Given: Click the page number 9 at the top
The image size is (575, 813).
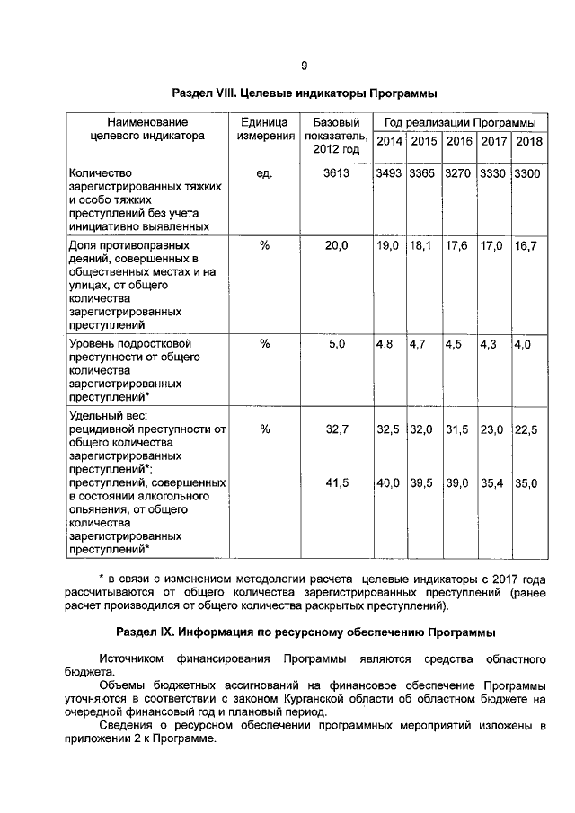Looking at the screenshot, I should (x=304, y=66).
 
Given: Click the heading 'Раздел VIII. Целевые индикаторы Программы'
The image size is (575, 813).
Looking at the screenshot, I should (x=305, y=93).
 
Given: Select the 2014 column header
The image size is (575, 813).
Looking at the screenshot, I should (x=388, y=142).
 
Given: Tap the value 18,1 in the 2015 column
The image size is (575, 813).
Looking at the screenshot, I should (x=420, y=245).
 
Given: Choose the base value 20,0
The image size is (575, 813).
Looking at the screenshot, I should (x=336, y=245).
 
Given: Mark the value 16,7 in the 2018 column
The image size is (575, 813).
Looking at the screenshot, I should (x=526, y=245).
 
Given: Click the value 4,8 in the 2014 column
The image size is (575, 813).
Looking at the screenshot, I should (x=385, y=344).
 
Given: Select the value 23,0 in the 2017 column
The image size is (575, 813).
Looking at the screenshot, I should (x=491, y=430).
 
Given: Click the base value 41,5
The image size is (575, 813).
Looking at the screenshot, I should (x=336, y=483).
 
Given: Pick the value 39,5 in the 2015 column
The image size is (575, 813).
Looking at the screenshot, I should (x=421, y=483).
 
